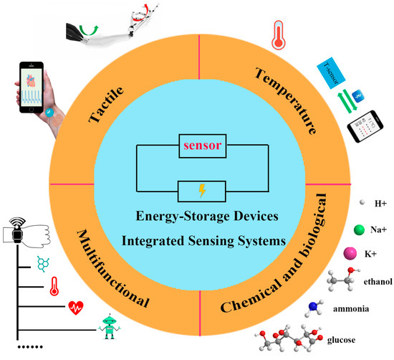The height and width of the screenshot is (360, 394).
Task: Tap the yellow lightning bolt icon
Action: point(201,192)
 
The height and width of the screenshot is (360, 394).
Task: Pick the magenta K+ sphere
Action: point(331,253)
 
